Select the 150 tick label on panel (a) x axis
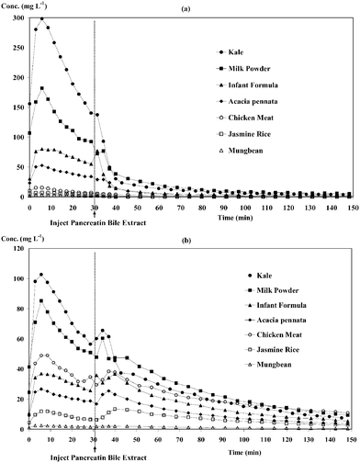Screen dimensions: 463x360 click(x=350, y=205)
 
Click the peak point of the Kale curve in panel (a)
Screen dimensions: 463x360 click(x=41, y=19)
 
